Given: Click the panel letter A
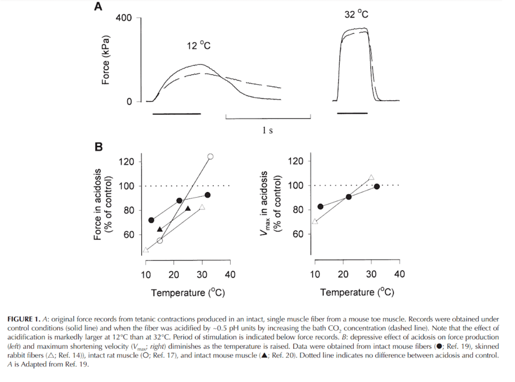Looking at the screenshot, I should coord(98,6).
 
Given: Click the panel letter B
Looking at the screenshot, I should coord(99,147).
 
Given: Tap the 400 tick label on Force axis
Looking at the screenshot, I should coord(124,18).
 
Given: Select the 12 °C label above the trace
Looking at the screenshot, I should coord(198,45).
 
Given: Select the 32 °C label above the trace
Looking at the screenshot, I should coord(356,14).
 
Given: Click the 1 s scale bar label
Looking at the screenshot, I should coord(267,130).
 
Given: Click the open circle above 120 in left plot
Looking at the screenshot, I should coord(210,156).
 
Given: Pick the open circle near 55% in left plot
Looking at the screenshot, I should coord(160,241).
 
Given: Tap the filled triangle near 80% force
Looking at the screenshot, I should coord(188,209).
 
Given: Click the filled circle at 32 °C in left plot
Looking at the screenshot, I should coord(207,195).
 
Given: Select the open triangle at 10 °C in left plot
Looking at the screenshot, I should coord(145,250).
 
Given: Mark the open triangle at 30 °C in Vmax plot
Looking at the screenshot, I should coord(371,177).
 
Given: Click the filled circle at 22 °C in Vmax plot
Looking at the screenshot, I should coord(348,197).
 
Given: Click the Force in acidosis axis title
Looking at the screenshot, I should coord(103,204).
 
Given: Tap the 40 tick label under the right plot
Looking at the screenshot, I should coord(399,274).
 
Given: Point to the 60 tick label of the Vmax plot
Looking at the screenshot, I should coord(298,234).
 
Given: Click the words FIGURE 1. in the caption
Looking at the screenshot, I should coord(24,319).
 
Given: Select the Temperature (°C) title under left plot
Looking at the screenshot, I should coord(188,293).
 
